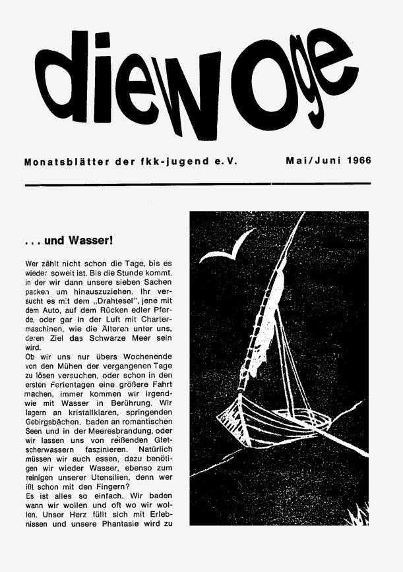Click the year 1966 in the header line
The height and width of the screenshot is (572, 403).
(x=356, y=159)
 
